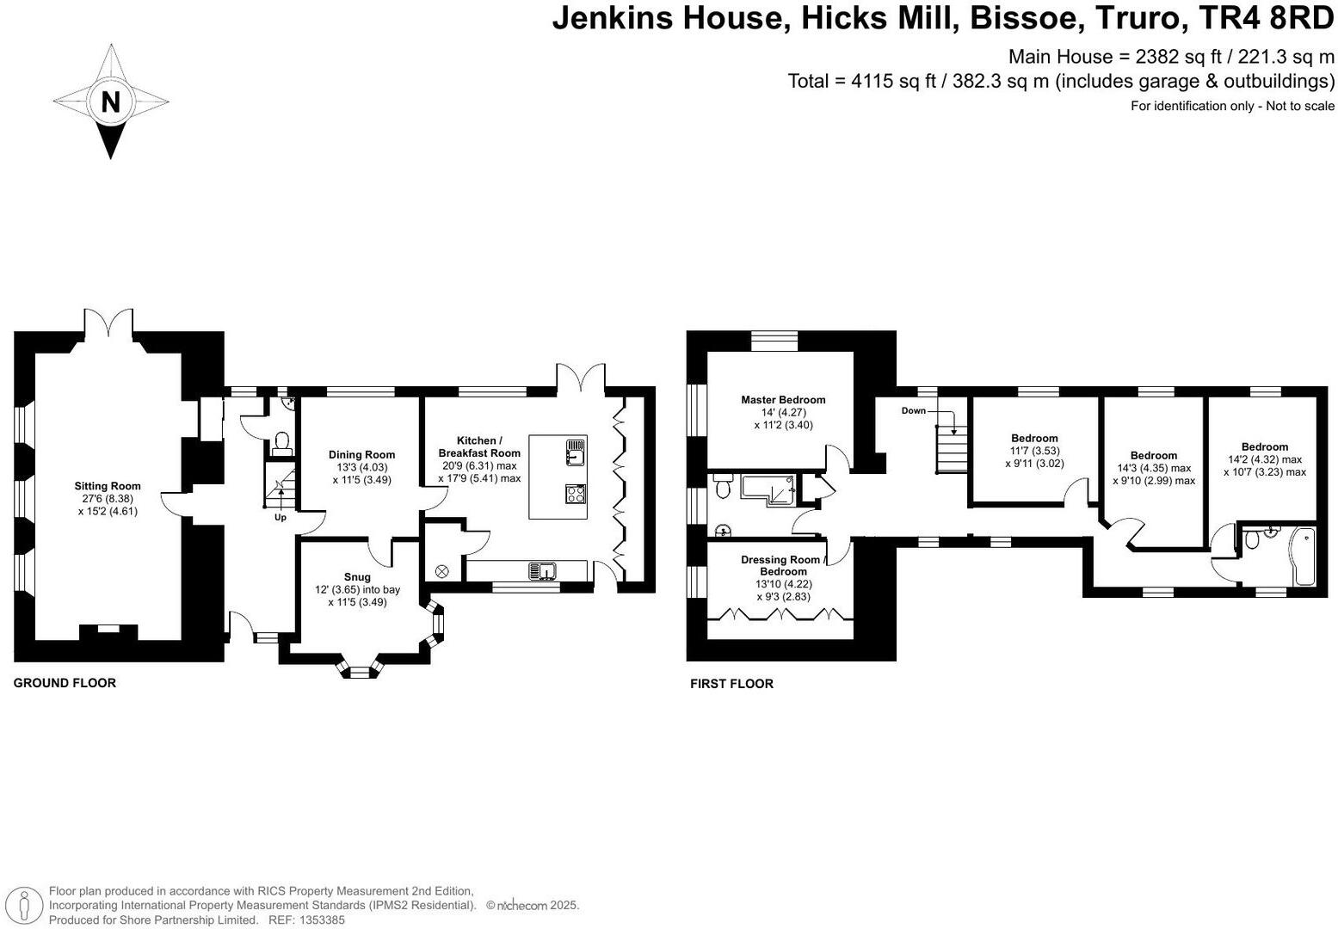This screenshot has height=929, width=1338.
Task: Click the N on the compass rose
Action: (110, 102)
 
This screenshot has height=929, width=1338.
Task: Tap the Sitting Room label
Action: (108, 486)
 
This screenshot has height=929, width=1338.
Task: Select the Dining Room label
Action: (362, 454)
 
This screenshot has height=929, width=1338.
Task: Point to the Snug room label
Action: (357, 576)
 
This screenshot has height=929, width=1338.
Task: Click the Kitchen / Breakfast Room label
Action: (479, 446)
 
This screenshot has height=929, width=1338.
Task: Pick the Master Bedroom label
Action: (783, 399)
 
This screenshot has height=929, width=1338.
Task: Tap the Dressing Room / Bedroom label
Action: (783, 565)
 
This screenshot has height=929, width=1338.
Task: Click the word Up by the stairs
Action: (281, 517)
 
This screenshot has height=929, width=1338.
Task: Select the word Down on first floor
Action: (913, 411)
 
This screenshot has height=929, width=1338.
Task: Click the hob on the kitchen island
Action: (576, 494)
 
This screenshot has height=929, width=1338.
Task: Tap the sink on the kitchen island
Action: (575, 452)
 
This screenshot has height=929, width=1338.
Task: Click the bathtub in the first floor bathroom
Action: (1302, 557)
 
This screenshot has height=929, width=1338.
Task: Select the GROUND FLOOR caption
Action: (65, 683)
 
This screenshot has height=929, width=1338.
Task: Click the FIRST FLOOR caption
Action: (731, 684)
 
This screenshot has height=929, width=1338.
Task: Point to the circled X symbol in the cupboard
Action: (441, 571)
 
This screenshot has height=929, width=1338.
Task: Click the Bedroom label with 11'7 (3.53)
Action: (1034, 438)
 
